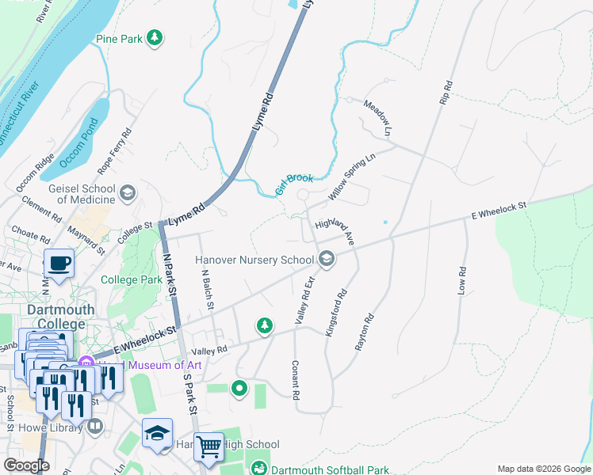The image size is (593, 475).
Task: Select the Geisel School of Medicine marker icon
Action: [x=127, y=193]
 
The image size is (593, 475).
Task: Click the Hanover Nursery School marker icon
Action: [x=326, y=259]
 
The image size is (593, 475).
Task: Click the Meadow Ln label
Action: [x=377, y=116]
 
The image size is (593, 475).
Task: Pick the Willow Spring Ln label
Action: [x=351, y=177]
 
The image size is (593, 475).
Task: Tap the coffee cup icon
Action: [x=59, y=262]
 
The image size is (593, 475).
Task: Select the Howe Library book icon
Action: [x=95, y=427]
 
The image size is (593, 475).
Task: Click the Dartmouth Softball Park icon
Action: [x=259, y=469]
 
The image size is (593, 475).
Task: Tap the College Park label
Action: [x=131, y=279]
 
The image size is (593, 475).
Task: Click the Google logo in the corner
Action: [x=26, y=465]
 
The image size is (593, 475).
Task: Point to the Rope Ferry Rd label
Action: [x=113, y=153]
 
